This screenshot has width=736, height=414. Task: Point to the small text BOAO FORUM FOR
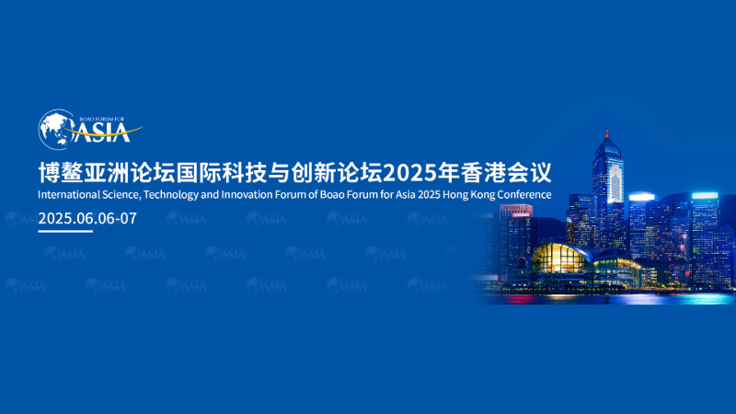pyautogui.click(x=102, y=120)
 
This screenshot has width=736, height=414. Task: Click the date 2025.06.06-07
pyautogui.click(x=87, y=218)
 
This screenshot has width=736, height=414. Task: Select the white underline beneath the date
pyautogui.click(x=65, y=231)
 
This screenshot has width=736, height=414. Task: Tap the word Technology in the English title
pyautogui.click(x=171, y=195)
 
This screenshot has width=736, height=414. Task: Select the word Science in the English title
pyautogui.click(x=121, y=195)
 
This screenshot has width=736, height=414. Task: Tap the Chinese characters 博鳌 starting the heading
pyautogui.click(x=61, y=173)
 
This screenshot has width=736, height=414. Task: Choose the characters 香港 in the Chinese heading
pyautogui.click(x=483, y=173)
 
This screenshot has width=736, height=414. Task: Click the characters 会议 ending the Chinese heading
pyautogui.click(x=529, y=173)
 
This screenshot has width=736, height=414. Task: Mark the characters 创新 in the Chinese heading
pyautogui.click(x=313, y=173)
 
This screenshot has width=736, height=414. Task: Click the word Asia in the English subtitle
pyautogui.click(x=406, y=194)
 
